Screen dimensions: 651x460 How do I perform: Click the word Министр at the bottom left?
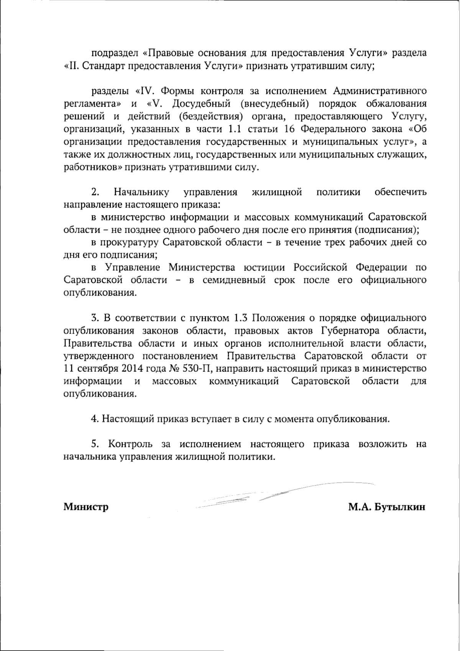pyautogui.click(x=86, y=507)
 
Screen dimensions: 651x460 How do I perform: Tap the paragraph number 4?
pyautogui.click(x=94, y=419)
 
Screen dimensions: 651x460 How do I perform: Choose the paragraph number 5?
pyautogui.click(x=94, y=444)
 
